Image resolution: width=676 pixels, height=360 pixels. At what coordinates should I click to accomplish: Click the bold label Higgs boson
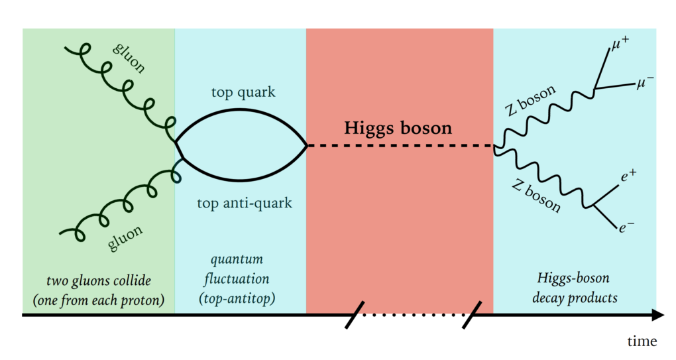click(x=398, y=127)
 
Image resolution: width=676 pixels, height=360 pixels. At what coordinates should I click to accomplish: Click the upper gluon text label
click(x=129, y=58)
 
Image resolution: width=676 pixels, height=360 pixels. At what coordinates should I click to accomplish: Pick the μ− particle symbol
click(x=646, y=82)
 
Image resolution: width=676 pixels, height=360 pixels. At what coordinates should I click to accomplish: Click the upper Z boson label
click(x=531, y=101)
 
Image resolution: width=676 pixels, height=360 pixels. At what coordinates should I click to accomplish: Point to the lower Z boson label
click(x=536, y=195)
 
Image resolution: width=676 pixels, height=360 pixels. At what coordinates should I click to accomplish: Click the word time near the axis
click(x=642, y=341)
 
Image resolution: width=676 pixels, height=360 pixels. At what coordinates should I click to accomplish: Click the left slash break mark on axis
click(x=355, y=315)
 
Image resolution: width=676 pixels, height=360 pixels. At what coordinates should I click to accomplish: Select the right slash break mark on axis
click(x=472, y=315)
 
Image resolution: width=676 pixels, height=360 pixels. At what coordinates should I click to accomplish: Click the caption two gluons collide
click(x=98, y=289)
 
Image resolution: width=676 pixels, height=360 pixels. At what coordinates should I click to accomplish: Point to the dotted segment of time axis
click(x=413, y=316)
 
